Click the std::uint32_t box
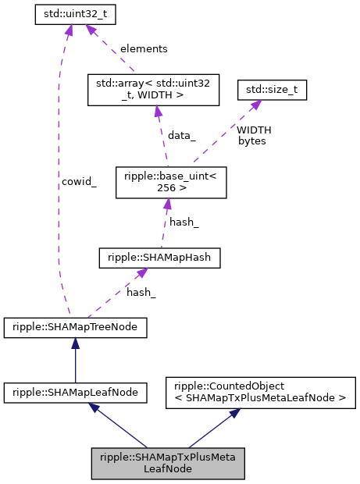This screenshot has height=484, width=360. [x=70, y=14]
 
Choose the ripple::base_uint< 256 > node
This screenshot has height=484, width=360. [x=170, y=182]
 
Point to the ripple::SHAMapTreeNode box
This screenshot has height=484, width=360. [x=75, y=328]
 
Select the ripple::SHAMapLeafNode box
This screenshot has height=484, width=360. [x=75, y=393]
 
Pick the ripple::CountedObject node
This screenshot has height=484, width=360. [x=261, y=393]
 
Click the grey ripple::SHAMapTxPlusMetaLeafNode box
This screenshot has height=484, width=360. [x=169, y=463]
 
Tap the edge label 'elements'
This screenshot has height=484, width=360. [x=143, y=48]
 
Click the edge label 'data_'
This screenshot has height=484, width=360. [x=181, y=135]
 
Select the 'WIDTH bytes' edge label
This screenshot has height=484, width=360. [x=253, y=135]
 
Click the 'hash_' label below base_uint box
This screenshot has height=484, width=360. [x=184, y=222]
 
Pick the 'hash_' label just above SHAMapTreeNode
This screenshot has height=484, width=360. [x=141, y=292]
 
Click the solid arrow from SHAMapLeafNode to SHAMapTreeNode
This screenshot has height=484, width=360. [x=75, y=361]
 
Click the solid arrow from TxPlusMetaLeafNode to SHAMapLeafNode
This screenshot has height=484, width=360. [x=121, y=426]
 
